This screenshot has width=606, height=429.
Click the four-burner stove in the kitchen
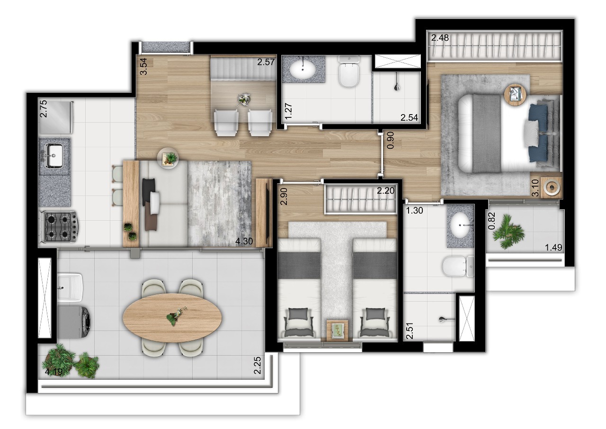click(x=61, y=226)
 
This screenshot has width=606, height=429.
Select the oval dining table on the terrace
click(x=172, y=318)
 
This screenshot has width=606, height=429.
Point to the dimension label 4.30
click(x=244, y=241)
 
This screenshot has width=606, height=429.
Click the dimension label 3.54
click(x=143, y=67)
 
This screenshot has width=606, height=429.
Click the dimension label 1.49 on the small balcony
click(x=553, y=247)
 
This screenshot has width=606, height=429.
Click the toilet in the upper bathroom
click(x=348, y=73)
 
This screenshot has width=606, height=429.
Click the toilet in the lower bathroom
click(x=456, y=267)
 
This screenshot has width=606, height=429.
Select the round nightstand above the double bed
click(x=515, y=94)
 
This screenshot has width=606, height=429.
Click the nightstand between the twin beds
click(x=337, y=330)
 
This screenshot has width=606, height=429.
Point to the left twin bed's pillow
click(x=298, y=313)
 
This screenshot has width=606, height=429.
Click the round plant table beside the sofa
click(x=169, y=158)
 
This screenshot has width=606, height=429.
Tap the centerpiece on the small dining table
click(x=244, y=99)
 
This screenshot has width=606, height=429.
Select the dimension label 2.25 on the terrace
click(x=257, y=365)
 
